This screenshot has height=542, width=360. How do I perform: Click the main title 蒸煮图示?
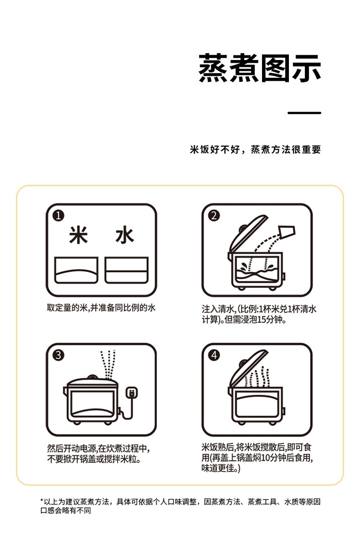[260, 68]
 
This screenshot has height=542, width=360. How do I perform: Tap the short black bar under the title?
[304, 113]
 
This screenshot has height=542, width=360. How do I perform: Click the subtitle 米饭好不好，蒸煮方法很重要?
[255, 149]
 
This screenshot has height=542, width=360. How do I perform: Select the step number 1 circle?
[58, 215]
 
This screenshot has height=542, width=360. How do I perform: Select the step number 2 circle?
[214, 215]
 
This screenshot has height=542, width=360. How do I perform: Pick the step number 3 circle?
[58, 355]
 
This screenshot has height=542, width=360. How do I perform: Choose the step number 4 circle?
[214, 355]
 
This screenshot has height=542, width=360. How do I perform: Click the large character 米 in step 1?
[79, 236]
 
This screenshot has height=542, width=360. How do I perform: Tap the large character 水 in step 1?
[124, 236]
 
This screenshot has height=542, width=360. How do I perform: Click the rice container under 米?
[76, 270]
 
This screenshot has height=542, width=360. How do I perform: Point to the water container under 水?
[127, 270]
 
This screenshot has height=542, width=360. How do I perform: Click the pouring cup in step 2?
[287, 232]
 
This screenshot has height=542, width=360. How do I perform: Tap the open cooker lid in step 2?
[248, 235]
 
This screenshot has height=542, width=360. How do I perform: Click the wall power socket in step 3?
[132, 392]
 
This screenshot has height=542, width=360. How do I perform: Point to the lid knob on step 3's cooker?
[92, 377]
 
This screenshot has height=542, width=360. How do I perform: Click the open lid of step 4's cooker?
[248, 369]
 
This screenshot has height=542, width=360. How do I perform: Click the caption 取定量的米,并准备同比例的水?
[101, 307]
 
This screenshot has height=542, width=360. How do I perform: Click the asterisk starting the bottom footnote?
[42, 501]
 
